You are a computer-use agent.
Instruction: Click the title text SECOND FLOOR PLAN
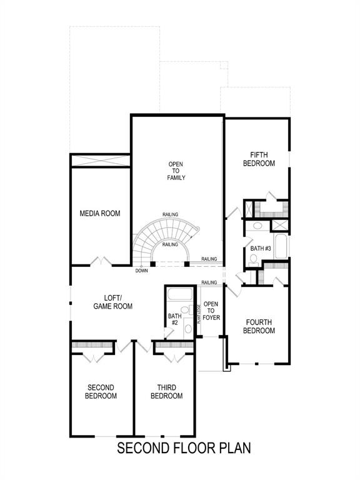(184, 448)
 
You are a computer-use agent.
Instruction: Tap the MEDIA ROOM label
(100, 214)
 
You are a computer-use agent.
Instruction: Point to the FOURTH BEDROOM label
(259, 326)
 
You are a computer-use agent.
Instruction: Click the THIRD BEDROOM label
(166, 392)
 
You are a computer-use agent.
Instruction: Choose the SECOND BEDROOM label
(101, 392)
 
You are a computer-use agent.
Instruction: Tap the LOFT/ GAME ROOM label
(113, 302)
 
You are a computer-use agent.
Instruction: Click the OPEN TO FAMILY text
(176, 171)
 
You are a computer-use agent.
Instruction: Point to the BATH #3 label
(260, 249)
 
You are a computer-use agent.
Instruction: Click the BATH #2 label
(174, 319)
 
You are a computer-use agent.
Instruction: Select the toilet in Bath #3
(257, 227)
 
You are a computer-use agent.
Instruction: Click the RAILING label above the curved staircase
(170, 215)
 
